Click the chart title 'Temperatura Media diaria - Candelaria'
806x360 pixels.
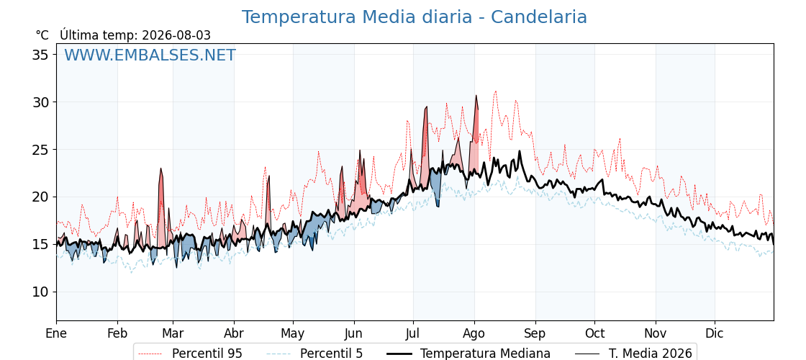[x=415, y=17]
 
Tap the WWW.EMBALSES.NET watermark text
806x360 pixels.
[x=150, y=55]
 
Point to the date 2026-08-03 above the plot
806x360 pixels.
[x=176, y=35]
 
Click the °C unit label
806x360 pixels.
[x=42, y=35]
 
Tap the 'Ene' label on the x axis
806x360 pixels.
[x=57, y=333]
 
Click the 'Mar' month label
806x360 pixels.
[x=173, y=333]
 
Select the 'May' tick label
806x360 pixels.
[x=293, y=334]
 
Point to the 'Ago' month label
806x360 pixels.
[x=474, y=334]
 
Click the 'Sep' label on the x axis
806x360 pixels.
[x=535, y=334]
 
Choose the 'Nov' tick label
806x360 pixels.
[x=656, y=333]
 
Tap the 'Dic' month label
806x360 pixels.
[x=715, y=333]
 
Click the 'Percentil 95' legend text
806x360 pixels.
[x=207, y=354]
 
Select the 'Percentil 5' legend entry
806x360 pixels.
[x=331, y=354]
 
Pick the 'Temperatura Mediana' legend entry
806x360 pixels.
[x=485, y=354]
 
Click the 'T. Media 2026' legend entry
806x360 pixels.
[x=650, y=354]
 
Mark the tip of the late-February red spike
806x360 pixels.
[x=161, y=168]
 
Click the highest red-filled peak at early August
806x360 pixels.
[x=476, y=95]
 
